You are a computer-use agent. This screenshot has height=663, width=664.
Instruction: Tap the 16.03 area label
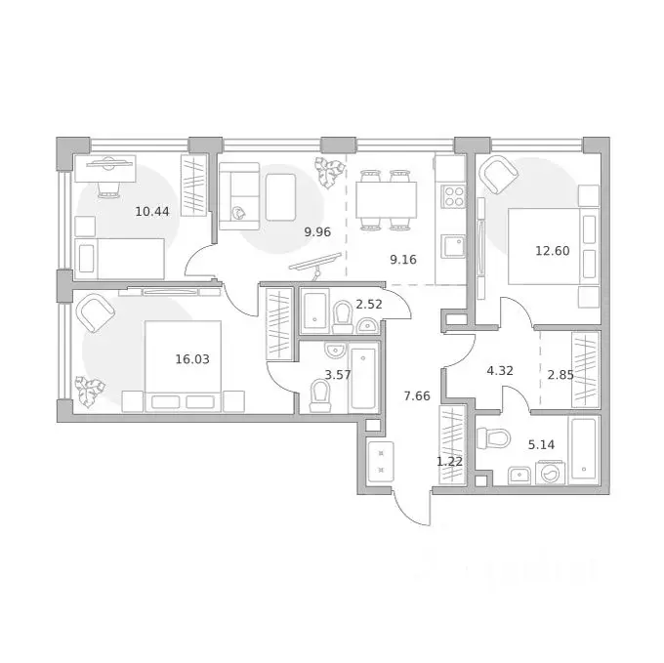(x=192, y=358)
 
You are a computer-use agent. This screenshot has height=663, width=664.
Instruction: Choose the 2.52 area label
(x=368, y=304)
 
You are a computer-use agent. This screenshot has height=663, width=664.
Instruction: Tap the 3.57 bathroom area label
(x=338, y=374)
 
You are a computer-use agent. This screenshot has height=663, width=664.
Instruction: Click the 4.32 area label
(x=499, y=370)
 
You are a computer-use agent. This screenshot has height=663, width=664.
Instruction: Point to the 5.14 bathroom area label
(x=542, y=443)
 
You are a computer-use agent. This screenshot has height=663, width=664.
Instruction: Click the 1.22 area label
(x=448, y=460)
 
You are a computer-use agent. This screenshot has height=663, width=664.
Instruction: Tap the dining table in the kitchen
(x=385, y=202)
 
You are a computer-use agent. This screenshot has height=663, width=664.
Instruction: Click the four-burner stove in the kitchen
(x=453, y=196)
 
